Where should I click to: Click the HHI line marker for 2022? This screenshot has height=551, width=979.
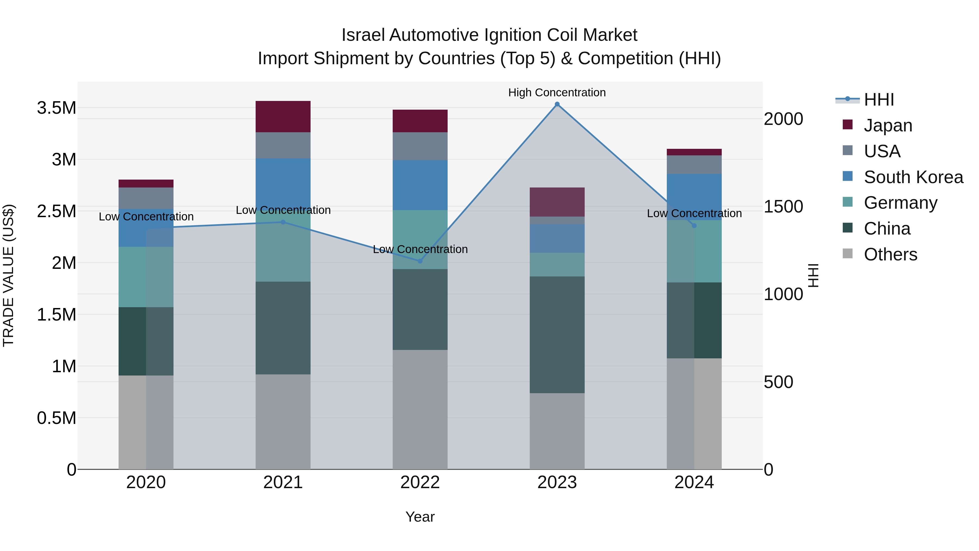point(420,261)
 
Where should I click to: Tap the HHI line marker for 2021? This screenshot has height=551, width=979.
point(283,222)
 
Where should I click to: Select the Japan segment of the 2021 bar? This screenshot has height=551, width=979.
point(283,117)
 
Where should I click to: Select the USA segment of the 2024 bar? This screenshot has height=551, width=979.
point(694,165)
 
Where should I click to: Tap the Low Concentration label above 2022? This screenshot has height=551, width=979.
point(420,250)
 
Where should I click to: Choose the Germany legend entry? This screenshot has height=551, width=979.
point(900,203)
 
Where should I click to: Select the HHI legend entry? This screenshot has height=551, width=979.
point(879,100)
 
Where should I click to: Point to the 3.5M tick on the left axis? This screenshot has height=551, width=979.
point(57,108)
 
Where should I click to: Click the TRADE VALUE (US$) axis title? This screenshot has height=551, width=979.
point(8,275)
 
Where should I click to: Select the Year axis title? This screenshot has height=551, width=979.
point(420,517)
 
